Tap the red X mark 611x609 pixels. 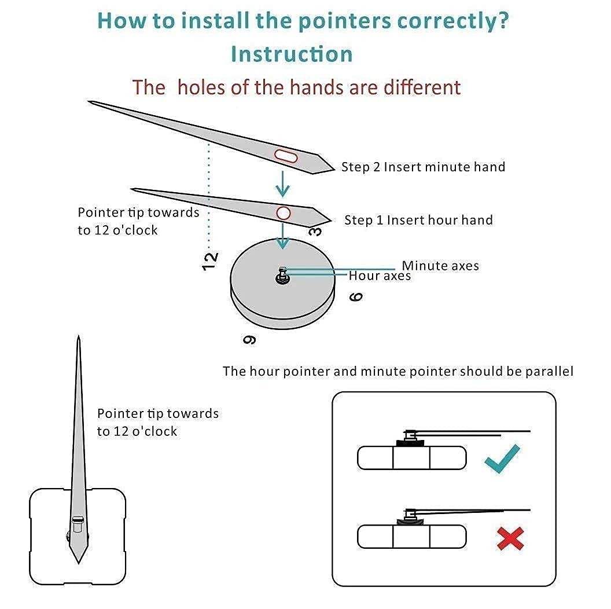click(510, 538)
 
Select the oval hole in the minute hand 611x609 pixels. click(286, 156)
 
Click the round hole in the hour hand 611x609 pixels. click(284, 212)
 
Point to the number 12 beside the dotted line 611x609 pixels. click(211, 261)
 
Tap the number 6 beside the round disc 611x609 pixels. click(356, 296)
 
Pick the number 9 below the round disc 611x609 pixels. click(249, 339)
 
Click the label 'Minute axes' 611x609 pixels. click(440, 266)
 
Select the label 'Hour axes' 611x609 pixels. click(380, 276)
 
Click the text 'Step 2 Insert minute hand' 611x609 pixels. click(423, 167)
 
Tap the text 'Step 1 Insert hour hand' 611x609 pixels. click(418, 220)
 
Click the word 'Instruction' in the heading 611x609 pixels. click(292, 54)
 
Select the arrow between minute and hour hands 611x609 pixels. click(282, 184)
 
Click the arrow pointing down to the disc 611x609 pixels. click(282, 237)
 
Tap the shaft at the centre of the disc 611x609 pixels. click(282, 274)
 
